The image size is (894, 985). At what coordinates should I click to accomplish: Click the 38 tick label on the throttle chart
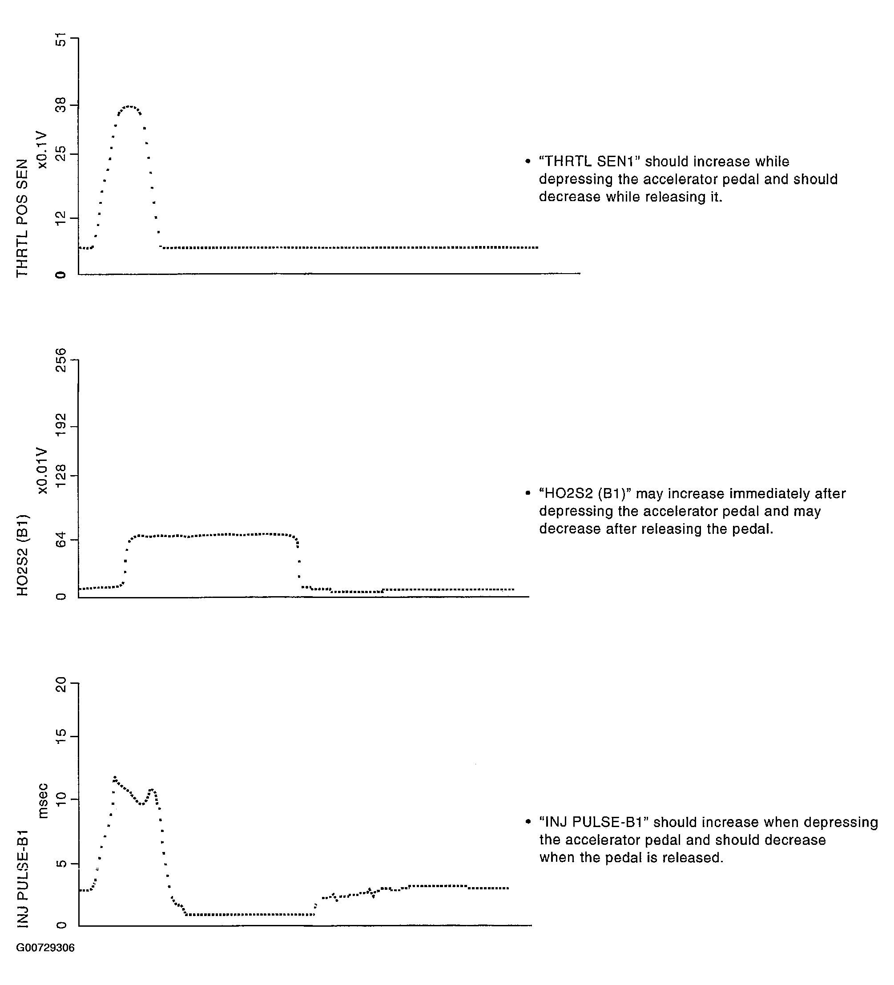click(60, 105)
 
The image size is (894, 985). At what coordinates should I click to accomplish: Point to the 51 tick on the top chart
click(60, 39)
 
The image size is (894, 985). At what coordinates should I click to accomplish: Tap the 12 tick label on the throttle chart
click(60, 218)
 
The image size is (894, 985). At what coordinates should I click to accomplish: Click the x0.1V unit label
click(43, 149)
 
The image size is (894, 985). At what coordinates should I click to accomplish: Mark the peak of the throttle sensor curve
click(129, 106)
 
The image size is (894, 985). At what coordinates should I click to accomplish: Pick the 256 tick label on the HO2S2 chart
click(60, 360)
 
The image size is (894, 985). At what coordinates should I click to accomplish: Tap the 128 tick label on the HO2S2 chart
click(60, 476)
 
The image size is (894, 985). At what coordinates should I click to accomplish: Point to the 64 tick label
click(60, 541)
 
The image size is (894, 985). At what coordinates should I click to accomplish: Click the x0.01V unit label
click(43, 471)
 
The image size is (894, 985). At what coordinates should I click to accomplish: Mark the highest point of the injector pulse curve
click(115, 777)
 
